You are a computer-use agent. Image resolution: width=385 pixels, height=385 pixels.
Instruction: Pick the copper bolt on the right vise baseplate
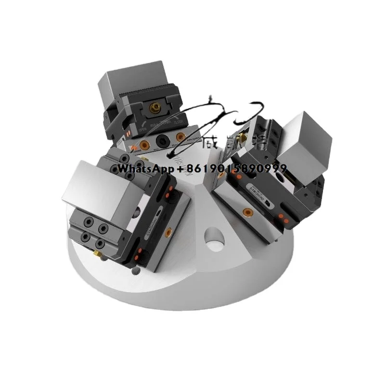[247, 211]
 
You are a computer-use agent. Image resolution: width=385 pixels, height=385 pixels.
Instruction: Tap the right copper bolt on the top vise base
[180, 138]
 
